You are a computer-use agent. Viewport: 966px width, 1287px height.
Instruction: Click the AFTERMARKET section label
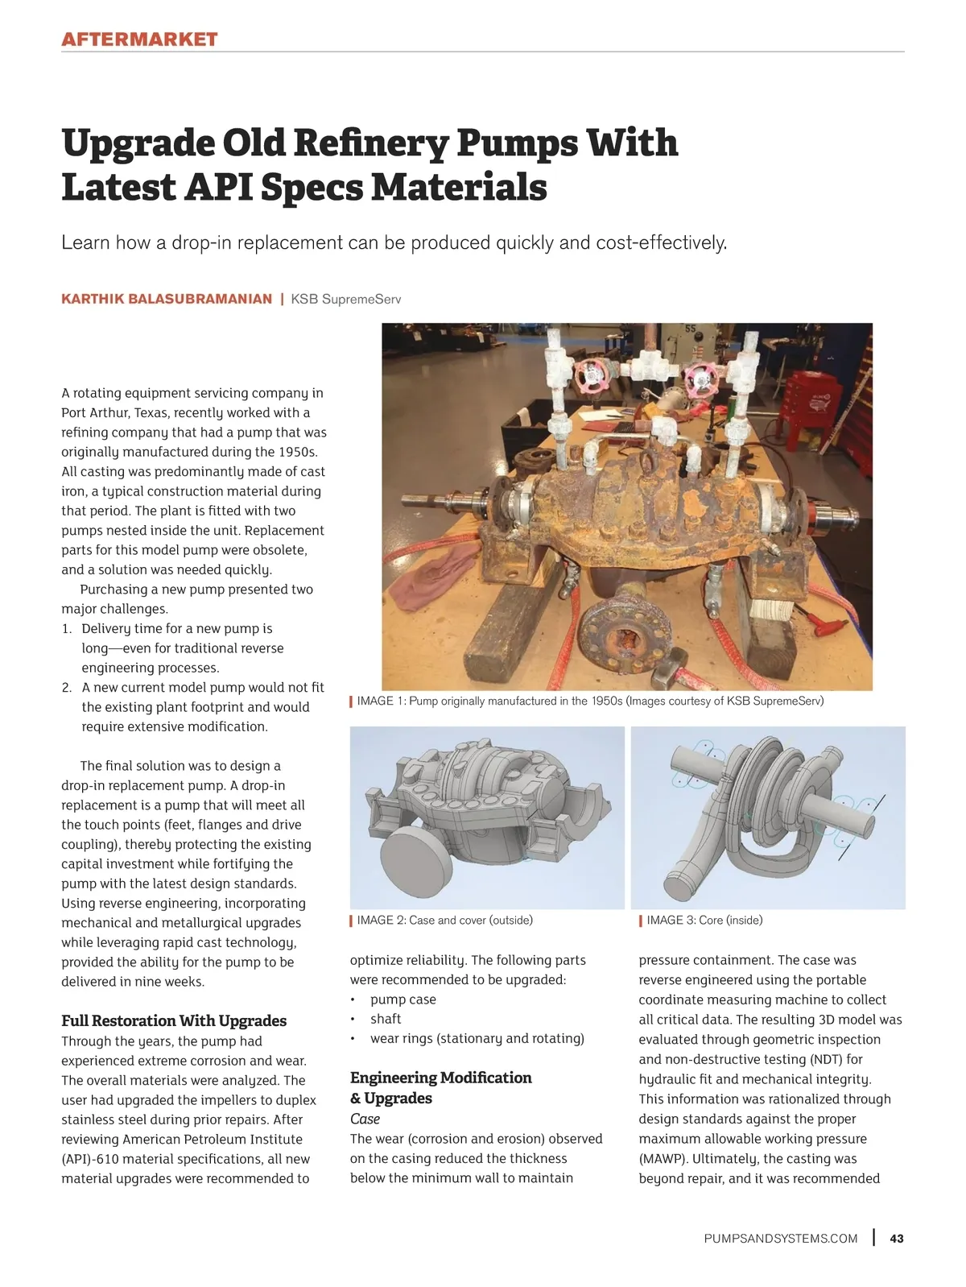point(139,39)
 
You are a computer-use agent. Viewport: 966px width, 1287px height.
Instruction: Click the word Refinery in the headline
point(370,143)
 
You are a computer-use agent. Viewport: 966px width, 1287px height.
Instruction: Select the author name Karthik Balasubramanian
point(167,299)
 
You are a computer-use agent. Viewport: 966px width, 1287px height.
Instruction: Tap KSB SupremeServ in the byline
point(345,299)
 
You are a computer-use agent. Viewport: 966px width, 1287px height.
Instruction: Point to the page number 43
point(897,1239)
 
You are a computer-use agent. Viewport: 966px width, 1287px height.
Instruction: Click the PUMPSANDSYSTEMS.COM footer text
point(780,1239)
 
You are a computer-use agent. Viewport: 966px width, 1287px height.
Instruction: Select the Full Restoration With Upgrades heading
point(174,1020)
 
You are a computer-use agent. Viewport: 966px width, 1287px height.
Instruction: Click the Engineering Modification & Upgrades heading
point(440,1087)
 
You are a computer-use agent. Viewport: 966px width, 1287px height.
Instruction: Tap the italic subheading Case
point(365,1119)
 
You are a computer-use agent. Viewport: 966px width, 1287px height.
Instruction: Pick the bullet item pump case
point(402,999)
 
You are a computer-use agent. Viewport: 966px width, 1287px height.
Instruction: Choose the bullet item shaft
point(386,1019)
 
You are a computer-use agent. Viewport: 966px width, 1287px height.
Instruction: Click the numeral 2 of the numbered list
point(67,687)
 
